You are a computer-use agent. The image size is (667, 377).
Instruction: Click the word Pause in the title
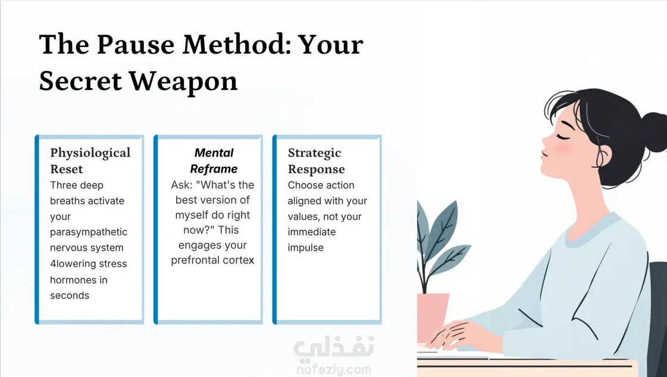[136, 44]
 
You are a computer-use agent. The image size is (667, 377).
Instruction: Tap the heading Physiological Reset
[90, 161]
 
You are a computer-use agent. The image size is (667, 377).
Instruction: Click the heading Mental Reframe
[214, 161]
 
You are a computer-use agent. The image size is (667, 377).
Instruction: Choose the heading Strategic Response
[316, 161]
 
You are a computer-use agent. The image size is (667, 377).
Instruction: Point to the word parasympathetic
[89, 232]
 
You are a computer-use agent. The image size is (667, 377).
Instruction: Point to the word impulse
[305, 248]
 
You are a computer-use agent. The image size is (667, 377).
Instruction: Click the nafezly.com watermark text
[334, 369]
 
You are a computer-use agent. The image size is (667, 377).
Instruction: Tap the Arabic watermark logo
[334, 347]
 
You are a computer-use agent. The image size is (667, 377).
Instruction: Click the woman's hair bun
[654, 132]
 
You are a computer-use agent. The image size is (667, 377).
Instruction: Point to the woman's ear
[603, 156]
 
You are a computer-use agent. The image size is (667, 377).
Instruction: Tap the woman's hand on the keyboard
[453, 334]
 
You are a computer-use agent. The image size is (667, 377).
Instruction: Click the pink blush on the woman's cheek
[562, 148]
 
